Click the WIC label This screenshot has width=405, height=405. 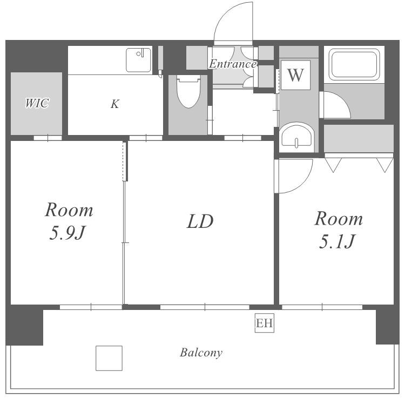click(37, 103)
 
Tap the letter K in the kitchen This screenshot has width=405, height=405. click(114, 104)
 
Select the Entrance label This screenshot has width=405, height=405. click(233, 64)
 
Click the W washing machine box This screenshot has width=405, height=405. click(295, 75)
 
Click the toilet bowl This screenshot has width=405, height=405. click(188, 92)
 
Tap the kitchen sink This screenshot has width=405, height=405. click(139, 60)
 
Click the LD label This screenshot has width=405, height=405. click(200, 221)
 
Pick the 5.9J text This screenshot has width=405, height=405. click(67, 233)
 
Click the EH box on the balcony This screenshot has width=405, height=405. click(264, 323)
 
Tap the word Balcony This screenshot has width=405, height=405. click(201, 353)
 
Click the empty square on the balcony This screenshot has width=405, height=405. click(109, 358)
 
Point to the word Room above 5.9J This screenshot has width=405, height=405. click(69, 210)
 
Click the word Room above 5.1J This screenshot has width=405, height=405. click(339, 219)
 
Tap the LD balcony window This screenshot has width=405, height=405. click(205, 307)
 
